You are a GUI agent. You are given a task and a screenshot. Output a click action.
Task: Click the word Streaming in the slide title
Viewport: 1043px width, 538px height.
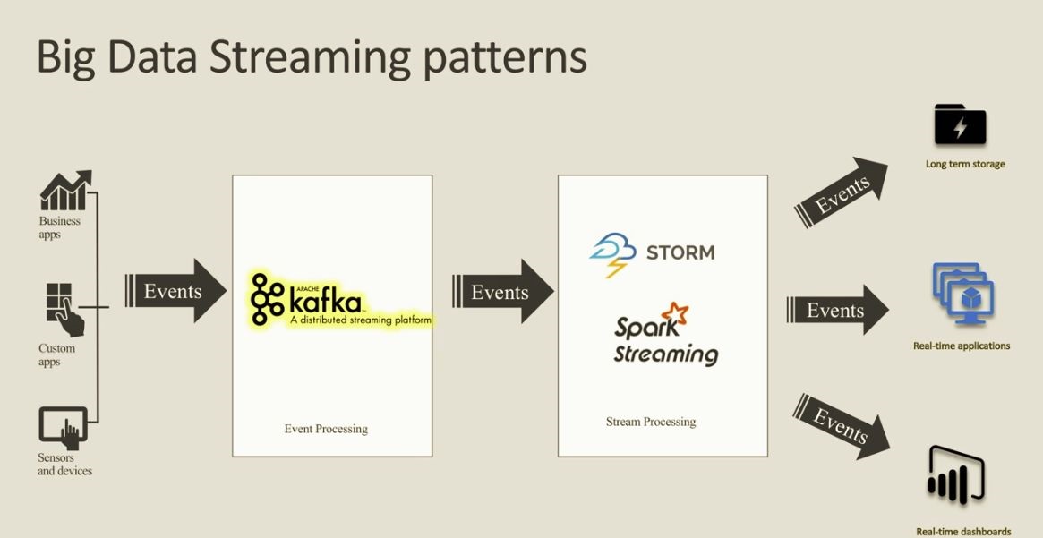coord(311,58)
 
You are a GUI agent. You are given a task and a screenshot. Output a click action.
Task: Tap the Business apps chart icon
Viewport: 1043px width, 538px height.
coord(65,190)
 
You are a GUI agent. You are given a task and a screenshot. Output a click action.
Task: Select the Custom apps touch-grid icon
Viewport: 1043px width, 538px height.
coord(64,310)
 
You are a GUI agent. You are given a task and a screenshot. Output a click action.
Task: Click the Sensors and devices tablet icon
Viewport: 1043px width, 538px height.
coord(64,428)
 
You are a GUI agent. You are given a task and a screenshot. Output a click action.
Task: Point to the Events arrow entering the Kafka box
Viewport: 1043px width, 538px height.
coord(175,291)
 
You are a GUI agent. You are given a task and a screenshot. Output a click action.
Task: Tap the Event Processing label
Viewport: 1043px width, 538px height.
coord(326,429)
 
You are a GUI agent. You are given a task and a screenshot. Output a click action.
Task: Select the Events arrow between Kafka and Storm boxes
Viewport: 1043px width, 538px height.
coord(503,291)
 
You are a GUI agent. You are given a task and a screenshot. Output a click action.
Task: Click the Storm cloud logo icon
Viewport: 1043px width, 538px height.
coord(612,255)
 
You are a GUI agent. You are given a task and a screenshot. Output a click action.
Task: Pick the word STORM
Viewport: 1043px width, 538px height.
coord(680,252)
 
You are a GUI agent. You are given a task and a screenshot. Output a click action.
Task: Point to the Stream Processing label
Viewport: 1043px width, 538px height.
coord(651,422)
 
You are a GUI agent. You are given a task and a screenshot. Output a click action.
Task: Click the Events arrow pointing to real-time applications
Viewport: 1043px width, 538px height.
coord(837,310)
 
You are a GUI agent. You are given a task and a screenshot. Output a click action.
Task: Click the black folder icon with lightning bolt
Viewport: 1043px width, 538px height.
coord(960,124)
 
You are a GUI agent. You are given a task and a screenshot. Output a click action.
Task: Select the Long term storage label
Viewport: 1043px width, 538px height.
coord(965,164)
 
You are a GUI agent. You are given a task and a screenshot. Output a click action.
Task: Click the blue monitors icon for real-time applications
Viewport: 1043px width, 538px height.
coord(962,293)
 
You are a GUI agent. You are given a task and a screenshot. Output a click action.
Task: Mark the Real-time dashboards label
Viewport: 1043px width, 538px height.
coord(964,532)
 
